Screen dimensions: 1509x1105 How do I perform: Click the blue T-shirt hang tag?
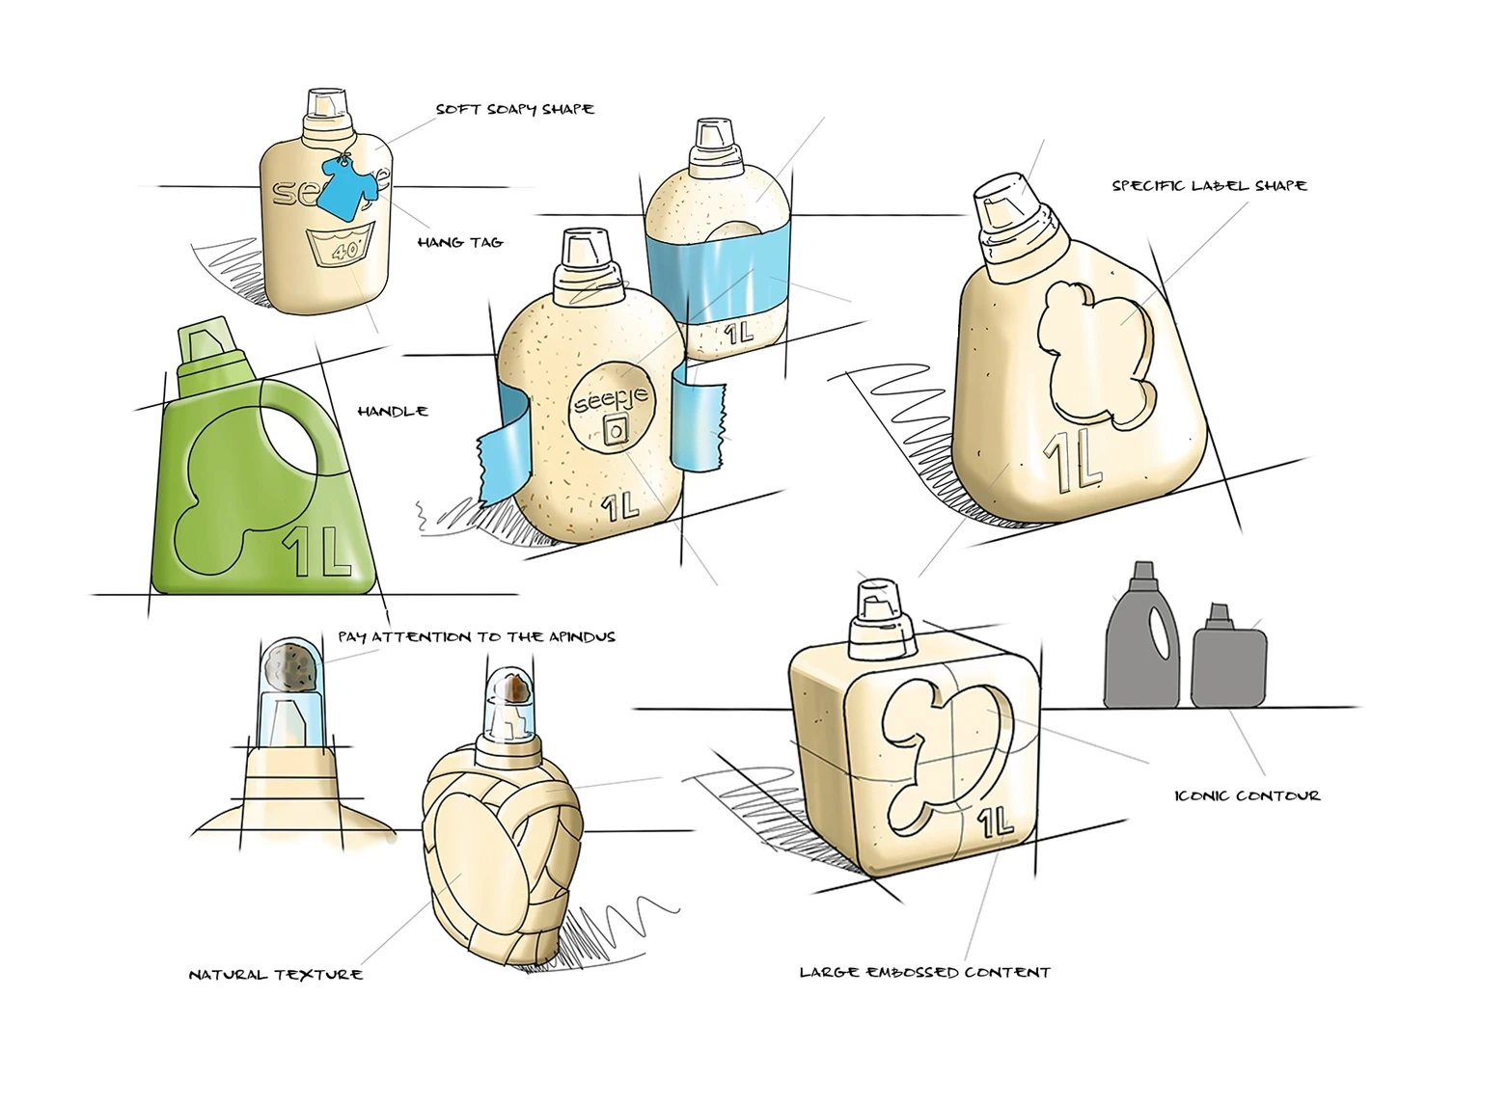(343, 188)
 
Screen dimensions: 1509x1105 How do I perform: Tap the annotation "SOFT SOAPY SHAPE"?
(515, 109)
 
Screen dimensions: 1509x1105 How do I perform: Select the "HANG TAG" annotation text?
(460, 242)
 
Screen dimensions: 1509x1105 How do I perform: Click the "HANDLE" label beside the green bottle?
(393, 411)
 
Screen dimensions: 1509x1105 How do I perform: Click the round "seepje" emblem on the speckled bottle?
(613, 410)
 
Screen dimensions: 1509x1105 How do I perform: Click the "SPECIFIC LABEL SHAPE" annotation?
(1209, 185)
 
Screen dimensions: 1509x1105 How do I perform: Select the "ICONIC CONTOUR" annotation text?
(1247, 795)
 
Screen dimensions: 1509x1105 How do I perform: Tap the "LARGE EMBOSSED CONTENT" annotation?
(925, 972)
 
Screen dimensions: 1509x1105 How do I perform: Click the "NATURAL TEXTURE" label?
(276, 975)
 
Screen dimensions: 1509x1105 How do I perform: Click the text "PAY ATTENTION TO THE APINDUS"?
(477, 637)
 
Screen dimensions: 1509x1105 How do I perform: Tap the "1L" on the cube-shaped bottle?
(995, 822)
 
